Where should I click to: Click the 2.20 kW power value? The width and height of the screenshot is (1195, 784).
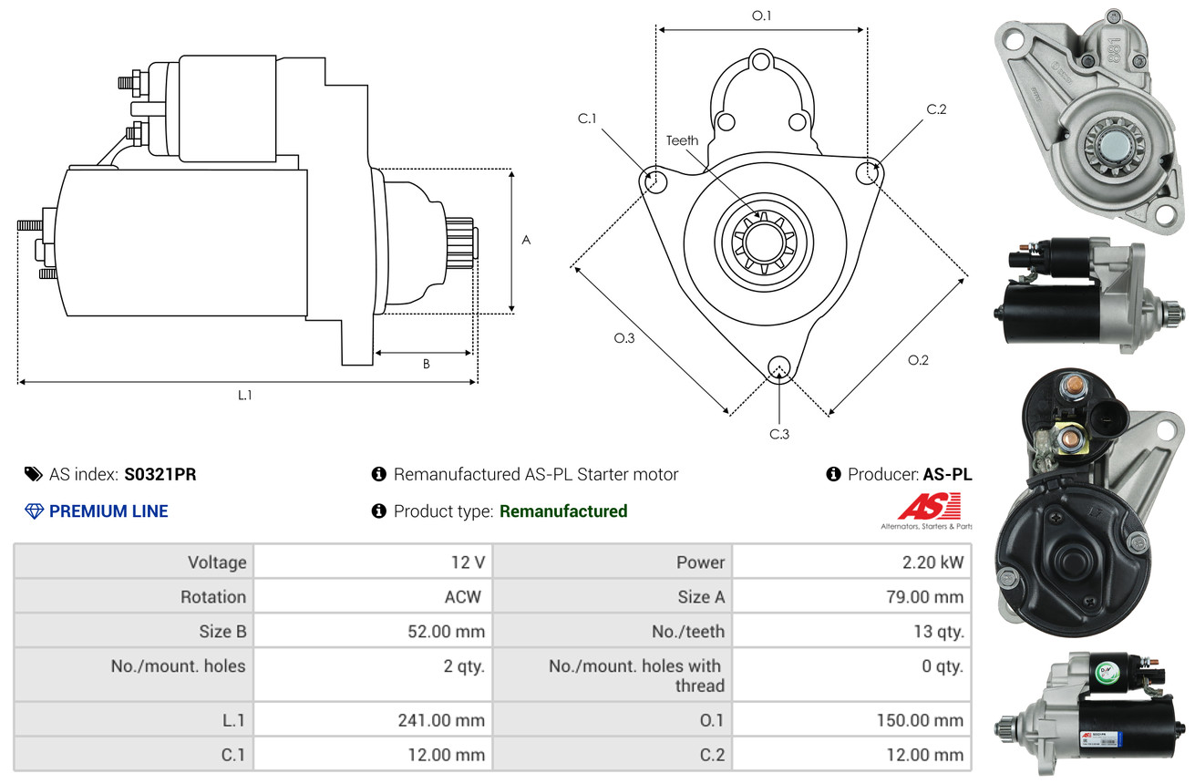(x=932, y=562)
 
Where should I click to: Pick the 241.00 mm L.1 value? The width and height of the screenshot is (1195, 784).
(x=441, y=720)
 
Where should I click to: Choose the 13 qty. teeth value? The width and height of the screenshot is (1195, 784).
(x=939, y=631)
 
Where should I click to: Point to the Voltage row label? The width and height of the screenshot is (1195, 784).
(x=217, y=562)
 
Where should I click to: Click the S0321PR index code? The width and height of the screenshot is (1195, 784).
(x=160, y=474)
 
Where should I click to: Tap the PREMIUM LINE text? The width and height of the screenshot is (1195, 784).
(x=108, y=511)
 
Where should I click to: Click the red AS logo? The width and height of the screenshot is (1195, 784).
(x=929, y=506)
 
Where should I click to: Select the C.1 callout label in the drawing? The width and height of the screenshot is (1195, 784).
(x=587, y=119)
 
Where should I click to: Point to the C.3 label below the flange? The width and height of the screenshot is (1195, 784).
(x=779, y=434)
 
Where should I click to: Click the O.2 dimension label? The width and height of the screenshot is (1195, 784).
(x=918, y=360)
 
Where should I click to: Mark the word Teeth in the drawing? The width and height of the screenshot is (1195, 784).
(x=682, y=140)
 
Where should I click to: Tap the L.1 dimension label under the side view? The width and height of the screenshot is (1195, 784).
(x=245, y=395)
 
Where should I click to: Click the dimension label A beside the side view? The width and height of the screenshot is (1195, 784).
(x=526, y=240)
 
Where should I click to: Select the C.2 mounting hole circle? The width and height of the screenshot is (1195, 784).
(x=870, y=171)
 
